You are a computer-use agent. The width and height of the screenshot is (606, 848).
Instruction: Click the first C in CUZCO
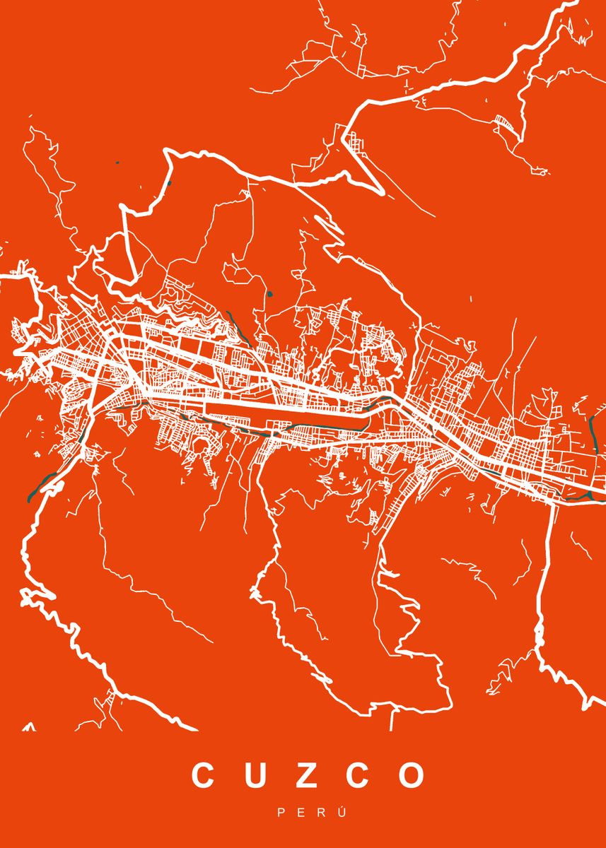click(x=204, y=775)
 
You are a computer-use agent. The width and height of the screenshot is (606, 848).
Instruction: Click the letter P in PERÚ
click(x=281, y=813)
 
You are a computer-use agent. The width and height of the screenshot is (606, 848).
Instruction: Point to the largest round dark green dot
click(x=269, y=293)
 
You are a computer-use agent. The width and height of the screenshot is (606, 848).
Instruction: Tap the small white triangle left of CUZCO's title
click(x=29, y=726)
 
